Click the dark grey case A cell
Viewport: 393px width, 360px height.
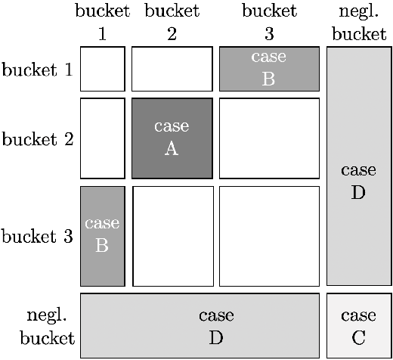tap(172, 138)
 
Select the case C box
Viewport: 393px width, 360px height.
tap(358, 325)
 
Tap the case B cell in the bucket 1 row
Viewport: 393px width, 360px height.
tap(269, 69)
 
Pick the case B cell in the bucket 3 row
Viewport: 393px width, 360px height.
tap(102, 236)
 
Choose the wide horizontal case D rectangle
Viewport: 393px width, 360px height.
tap(200, 325)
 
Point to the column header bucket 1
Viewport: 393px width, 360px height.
tap(102, 23)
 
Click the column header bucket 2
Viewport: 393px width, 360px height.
tap(172, 23)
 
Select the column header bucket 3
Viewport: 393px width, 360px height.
tap(269, 23)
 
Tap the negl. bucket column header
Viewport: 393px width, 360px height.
tap(358, 23)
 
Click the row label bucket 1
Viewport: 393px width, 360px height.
tap(38, 70)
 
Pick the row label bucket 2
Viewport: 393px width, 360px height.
tap(38, 139)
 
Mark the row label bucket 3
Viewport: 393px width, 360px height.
tap(38, 237)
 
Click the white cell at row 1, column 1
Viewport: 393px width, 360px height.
tap(102, 69)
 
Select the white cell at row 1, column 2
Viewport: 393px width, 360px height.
tap(172, 69)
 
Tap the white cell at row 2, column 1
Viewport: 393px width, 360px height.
tap(102, 138)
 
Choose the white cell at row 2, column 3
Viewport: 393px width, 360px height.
tap(269, 138)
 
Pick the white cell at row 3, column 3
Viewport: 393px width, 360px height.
tap(269, 236)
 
